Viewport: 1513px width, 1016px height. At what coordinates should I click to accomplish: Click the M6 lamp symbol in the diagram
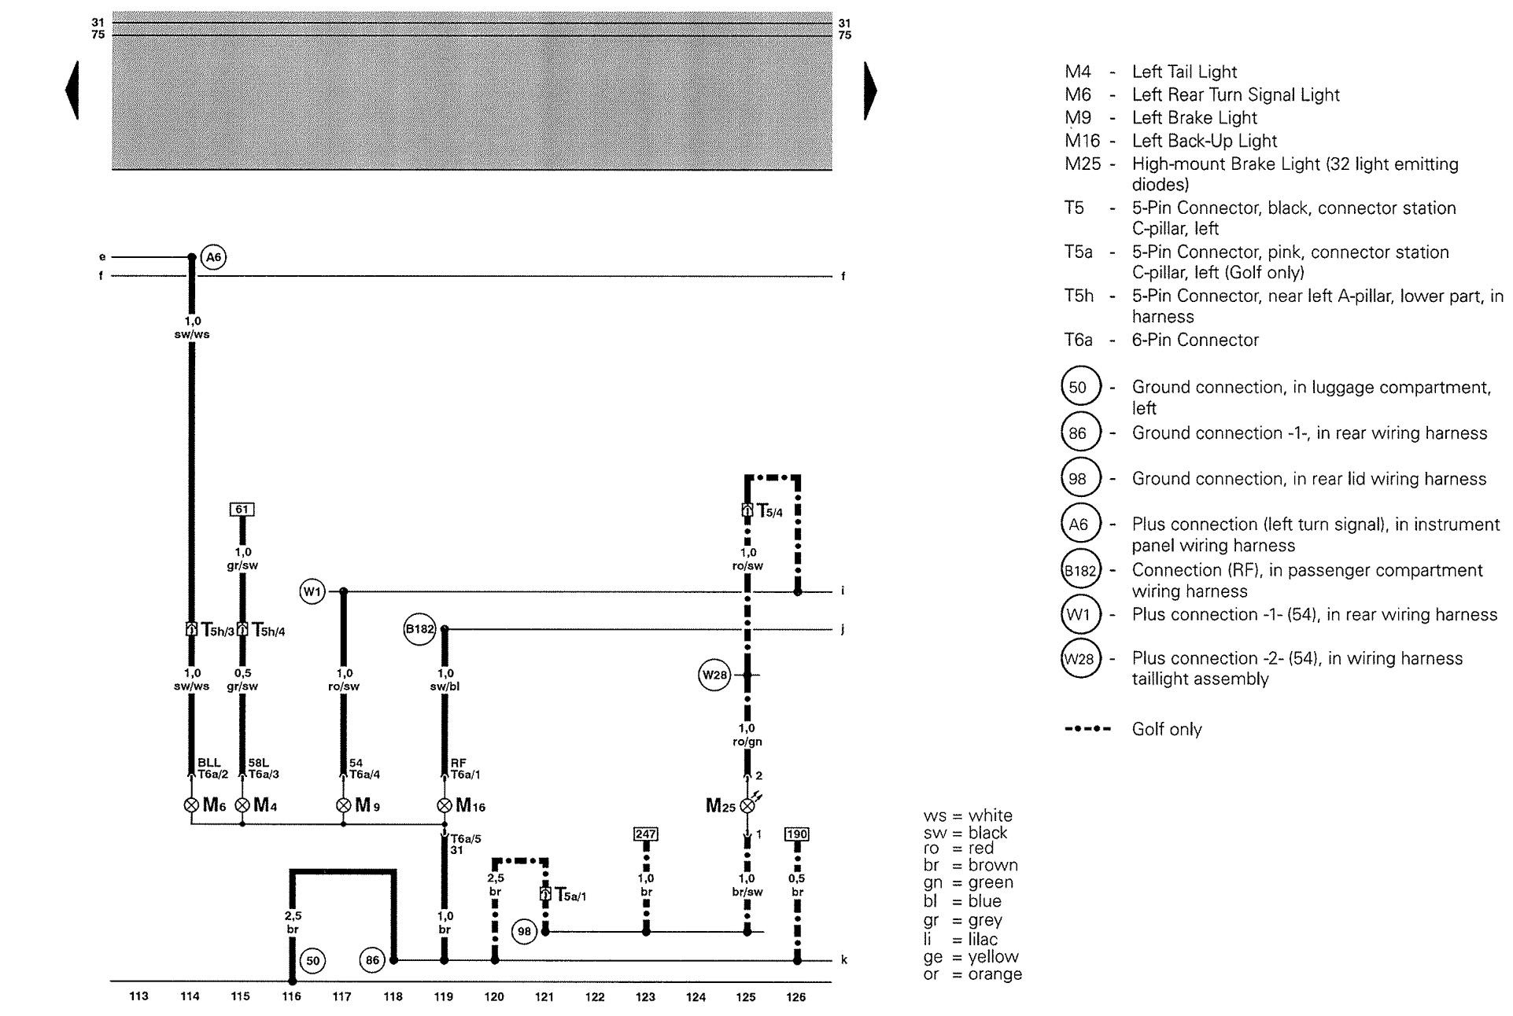191,805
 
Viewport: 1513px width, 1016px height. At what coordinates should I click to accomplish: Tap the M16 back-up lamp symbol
445,805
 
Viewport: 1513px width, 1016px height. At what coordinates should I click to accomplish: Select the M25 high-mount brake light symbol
747,805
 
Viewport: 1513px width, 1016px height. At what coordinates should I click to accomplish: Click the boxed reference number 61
242,510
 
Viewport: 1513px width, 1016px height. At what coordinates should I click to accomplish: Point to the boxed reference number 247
645,834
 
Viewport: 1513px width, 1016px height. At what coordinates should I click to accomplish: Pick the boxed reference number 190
796,834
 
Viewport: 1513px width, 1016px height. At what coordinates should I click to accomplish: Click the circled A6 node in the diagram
212,257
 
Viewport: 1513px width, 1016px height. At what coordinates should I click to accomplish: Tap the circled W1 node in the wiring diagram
312,591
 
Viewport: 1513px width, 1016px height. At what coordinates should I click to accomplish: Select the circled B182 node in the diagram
419,629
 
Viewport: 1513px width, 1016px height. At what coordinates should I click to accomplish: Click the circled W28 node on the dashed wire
714,675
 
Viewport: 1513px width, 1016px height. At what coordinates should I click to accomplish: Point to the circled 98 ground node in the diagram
524,932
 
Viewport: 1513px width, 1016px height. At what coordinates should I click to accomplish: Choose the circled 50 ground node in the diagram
313,961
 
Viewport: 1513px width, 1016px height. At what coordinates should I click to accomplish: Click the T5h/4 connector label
268,630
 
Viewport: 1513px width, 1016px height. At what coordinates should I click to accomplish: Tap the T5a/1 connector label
570,895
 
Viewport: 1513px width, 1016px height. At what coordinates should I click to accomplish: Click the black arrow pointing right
869,90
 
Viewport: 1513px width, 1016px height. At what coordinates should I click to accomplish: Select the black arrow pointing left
72,90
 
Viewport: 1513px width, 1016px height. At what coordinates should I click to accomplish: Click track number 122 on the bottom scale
595,997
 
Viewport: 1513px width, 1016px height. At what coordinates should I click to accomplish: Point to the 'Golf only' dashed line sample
1087,729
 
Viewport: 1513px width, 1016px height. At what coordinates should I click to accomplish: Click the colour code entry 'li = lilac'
961,939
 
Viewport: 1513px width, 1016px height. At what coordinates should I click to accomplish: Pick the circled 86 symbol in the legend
1078,433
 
